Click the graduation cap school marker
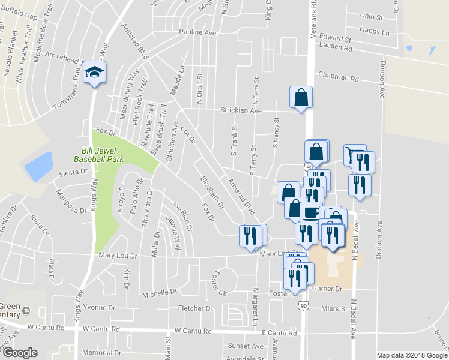(x=94, y=73)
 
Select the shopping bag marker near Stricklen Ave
(x=301, y=98)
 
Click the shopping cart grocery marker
(x=354, y=155)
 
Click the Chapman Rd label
(x=338, y=78)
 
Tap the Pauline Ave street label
(x=197, y=32)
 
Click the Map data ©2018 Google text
(x=411, y=355)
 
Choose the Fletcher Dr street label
(x=196, y=308)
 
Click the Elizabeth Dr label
(x=212, y=192)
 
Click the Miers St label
(x=334, y=308)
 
